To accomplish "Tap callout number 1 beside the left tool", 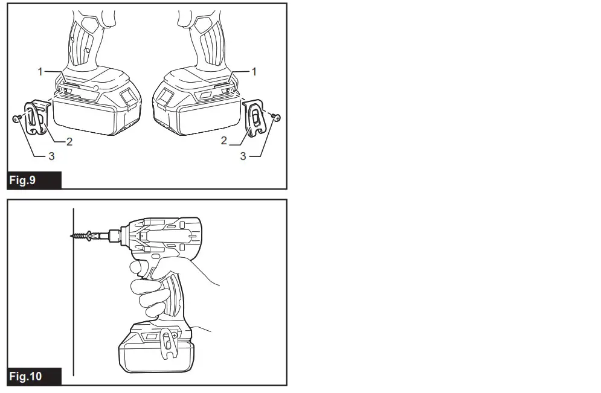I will (40, 71).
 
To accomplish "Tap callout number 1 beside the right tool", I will (254, 71).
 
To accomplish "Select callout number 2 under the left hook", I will (69, 142).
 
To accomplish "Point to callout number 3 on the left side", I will (52, 156).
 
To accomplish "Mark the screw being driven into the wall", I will (83, 234).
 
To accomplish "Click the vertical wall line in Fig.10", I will (73, 302).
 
